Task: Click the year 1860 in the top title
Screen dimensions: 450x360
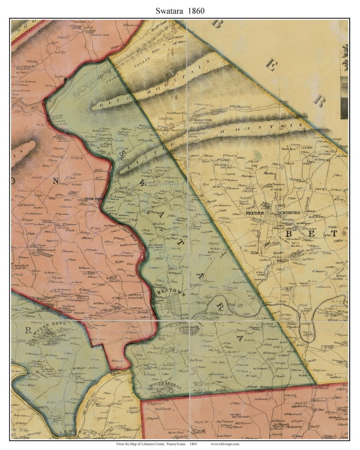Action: [x=198, y=9]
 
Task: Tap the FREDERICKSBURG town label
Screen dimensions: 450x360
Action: [x=268, y=213]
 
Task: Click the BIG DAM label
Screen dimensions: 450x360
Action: [x=53, y=107]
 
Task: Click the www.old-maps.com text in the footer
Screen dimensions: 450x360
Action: [x=229, y=445]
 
